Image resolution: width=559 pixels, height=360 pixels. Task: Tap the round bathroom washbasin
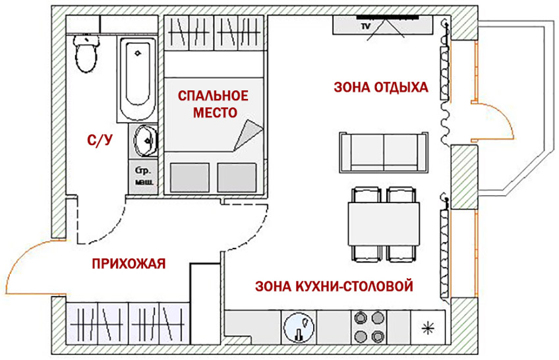click(145, 140)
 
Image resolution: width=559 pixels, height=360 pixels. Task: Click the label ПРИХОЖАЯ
click(128, 264)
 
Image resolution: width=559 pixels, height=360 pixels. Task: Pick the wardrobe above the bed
click(214, 33)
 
